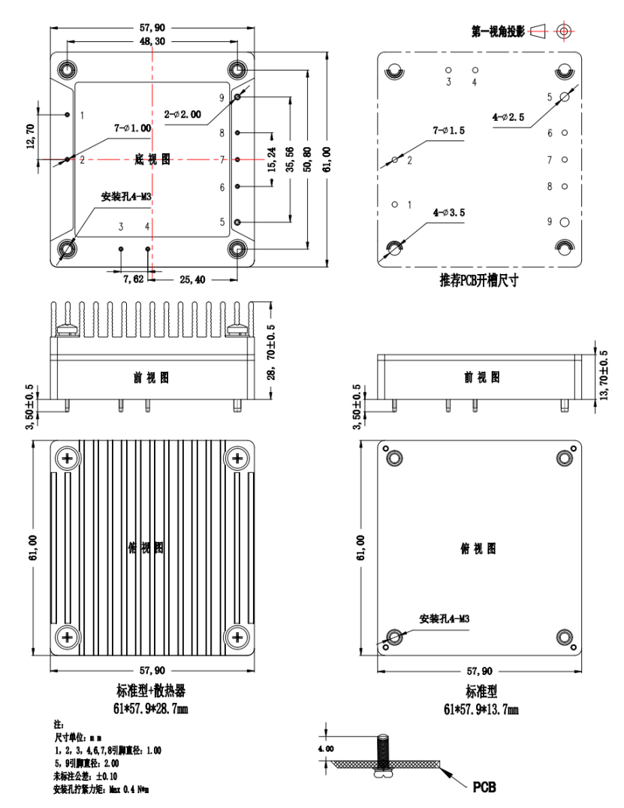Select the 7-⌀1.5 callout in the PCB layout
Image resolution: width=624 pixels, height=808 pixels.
pyautogui.click(x=448, y=131)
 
